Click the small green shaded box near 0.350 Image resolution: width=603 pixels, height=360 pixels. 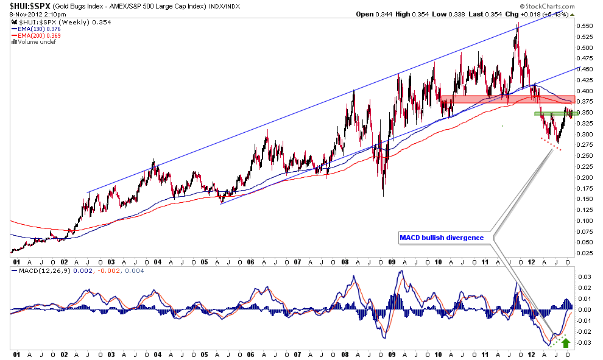coord(555,113)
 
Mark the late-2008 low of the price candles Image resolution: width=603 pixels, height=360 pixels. coord(383,195)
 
